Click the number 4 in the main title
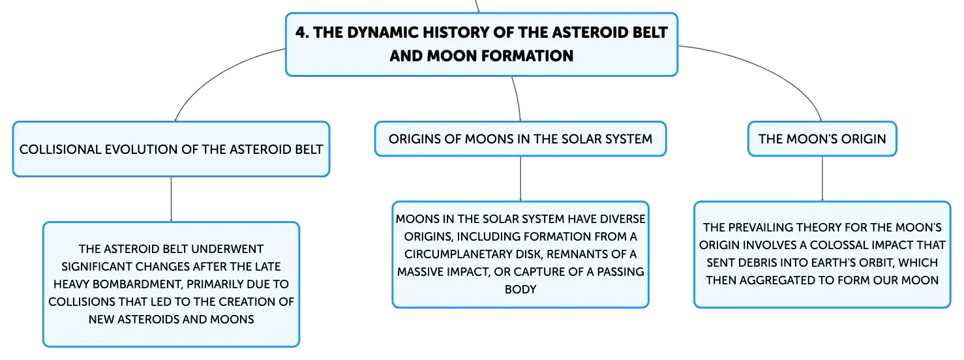tap(302, 33)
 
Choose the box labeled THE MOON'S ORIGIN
tap(822, 139)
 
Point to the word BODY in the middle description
tap(520, 290)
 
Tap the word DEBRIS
tap(761, 263)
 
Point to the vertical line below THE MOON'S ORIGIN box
tap(822, 179)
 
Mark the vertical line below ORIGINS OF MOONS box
tap(520, 179)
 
